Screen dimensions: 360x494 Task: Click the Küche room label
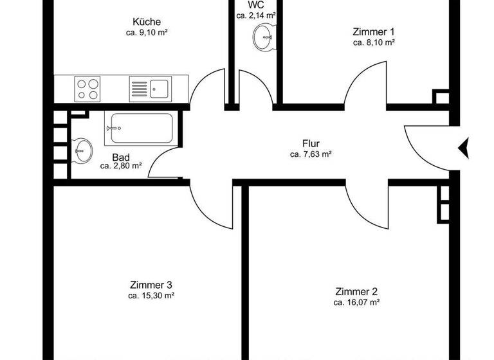pyautogui.click(x=147, y=21)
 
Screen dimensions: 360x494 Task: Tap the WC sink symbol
pyautogui.click(x=264, y=37)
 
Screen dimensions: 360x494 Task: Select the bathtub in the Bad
pyautogui.click(x=138, y=129)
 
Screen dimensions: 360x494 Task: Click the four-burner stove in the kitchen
pyautogui.click(x=88, y=88)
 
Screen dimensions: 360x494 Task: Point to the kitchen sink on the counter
pyautogui.click(x=151, y=87)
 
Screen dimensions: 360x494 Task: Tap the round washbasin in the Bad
pyautogui.click(x=81, y=151)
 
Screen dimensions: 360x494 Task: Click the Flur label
pyautogui.click(x=311, y=143)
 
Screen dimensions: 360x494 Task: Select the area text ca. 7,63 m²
pyautogui.click(x=311, y=154)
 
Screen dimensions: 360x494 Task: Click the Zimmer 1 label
pyautogui.click(x=374, y=32)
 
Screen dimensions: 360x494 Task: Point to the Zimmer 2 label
pyautogui.click(x=356, y=291)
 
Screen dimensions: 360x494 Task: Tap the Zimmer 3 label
pyautogui.click(x=151, y=285)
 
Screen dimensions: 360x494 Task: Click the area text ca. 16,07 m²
pyautogui.click(x=356, y=301)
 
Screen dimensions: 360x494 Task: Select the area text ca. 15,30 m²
pyautogui.click(x=151, y=296)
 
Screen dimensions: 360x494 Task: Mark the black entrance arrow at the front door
pyautogui.click(x=464, y=148)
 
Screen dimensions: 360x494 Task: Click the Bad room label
pyautogui.click(x=120, y=157)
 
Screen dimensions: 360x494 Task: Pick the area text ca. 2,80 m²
pyautogui.click(x=121, y=166)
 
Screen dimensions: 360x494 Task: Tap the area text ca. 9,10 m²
pyautogui.click(x=147, y=32)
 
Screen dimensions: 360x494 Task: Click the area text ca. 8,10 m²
pyautogui.click(x=374, y=42)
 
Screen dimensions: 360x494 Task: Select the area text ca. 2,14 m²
pyautogui.click(x=255, y=15)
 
